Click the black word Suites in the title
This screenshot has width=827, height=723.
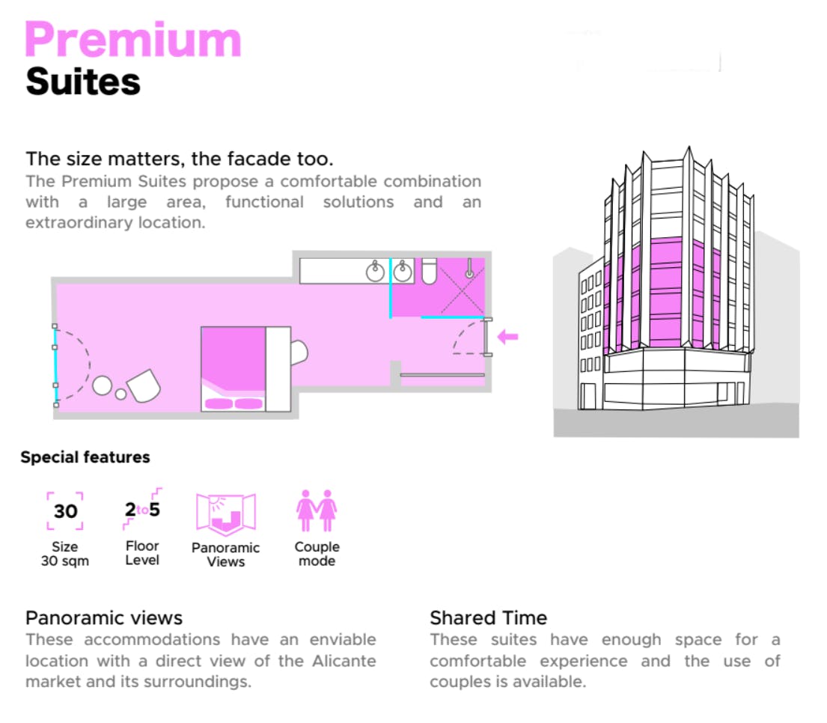(x=83, y=81)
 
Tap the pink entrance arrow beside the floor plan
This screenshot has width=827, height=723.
(x=508, y=337)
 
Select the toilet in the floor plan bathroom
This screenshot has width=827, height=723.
(x=429, y=272)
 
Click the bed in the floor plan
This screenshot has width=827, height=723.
(x=234, y=368)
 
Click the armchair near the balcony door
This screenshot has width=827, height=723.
(x=144, y=385)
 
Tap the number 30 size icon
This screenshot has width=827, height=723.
(x=65, y=511)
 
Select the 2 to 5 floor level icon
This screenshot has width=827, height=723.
(x=142, y=509)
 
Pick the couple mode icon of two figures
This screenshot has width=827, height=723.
(x=317, y=510)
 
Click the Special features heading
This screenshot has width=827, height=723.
(x=85, y=457)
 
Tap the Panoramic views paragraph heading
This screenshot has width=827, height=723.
(x=104, y=618)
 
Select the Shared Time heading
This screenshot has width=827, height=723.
(x=488, y=618)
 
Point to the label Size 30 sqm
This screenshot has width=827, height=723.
(x=65, y=554)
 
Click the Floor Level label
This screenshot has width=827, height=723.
(x=142, y=553)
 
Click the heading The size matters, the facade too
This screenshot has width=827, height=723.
(x=179, y=159)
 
